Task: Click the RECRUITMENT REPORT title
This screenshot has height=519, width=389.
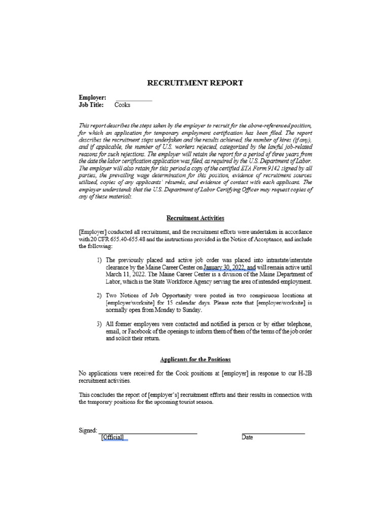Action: [195, 83]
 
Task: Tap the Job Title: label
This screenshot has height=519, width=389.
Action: [91, 105]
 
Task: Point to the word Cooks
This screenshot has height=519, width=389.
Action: [123, 105]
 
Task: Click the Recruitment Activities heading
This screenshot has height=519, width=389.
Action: [195, 218]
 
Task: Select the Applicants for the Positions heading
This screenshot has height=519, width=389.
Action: [195, 359]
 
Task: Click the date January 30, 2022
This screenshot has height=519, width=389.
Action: [224, 268]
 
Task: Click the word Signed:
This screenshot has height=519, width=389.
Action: [88, 430]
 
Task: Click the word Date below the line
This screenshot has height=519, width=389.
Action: [247, 437]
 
